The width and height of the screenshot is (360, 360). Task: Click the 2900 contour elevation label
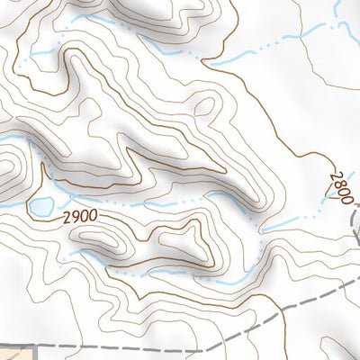(x=79, y=218)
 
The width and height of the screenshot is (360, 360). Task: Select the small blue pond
(x=40, y=208)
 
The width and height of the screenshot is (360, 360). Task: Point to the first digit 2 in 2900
(x=67, y=216)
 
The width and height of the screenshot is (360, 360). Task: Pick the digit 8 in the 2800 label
(x=337, y=181)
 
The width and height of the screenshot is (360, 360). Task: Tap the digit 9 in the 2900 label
(x=75, y=217)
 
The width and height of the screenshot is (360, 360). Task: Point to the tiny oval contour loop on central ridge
(x=205, y=107)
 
